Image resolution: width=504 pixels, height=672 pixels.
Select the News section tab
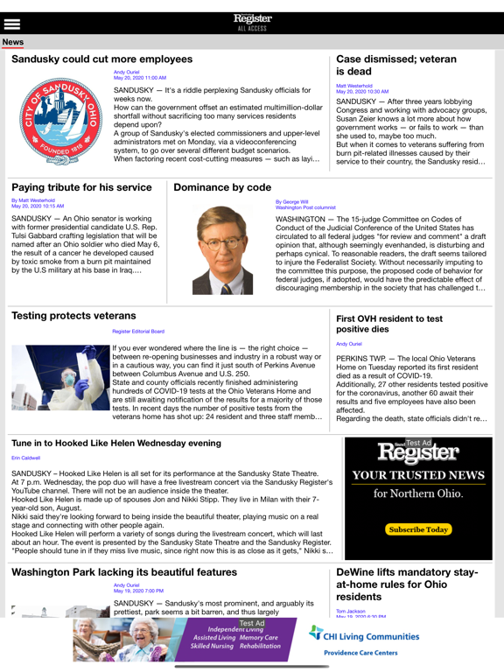click(x=13, y=42)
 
